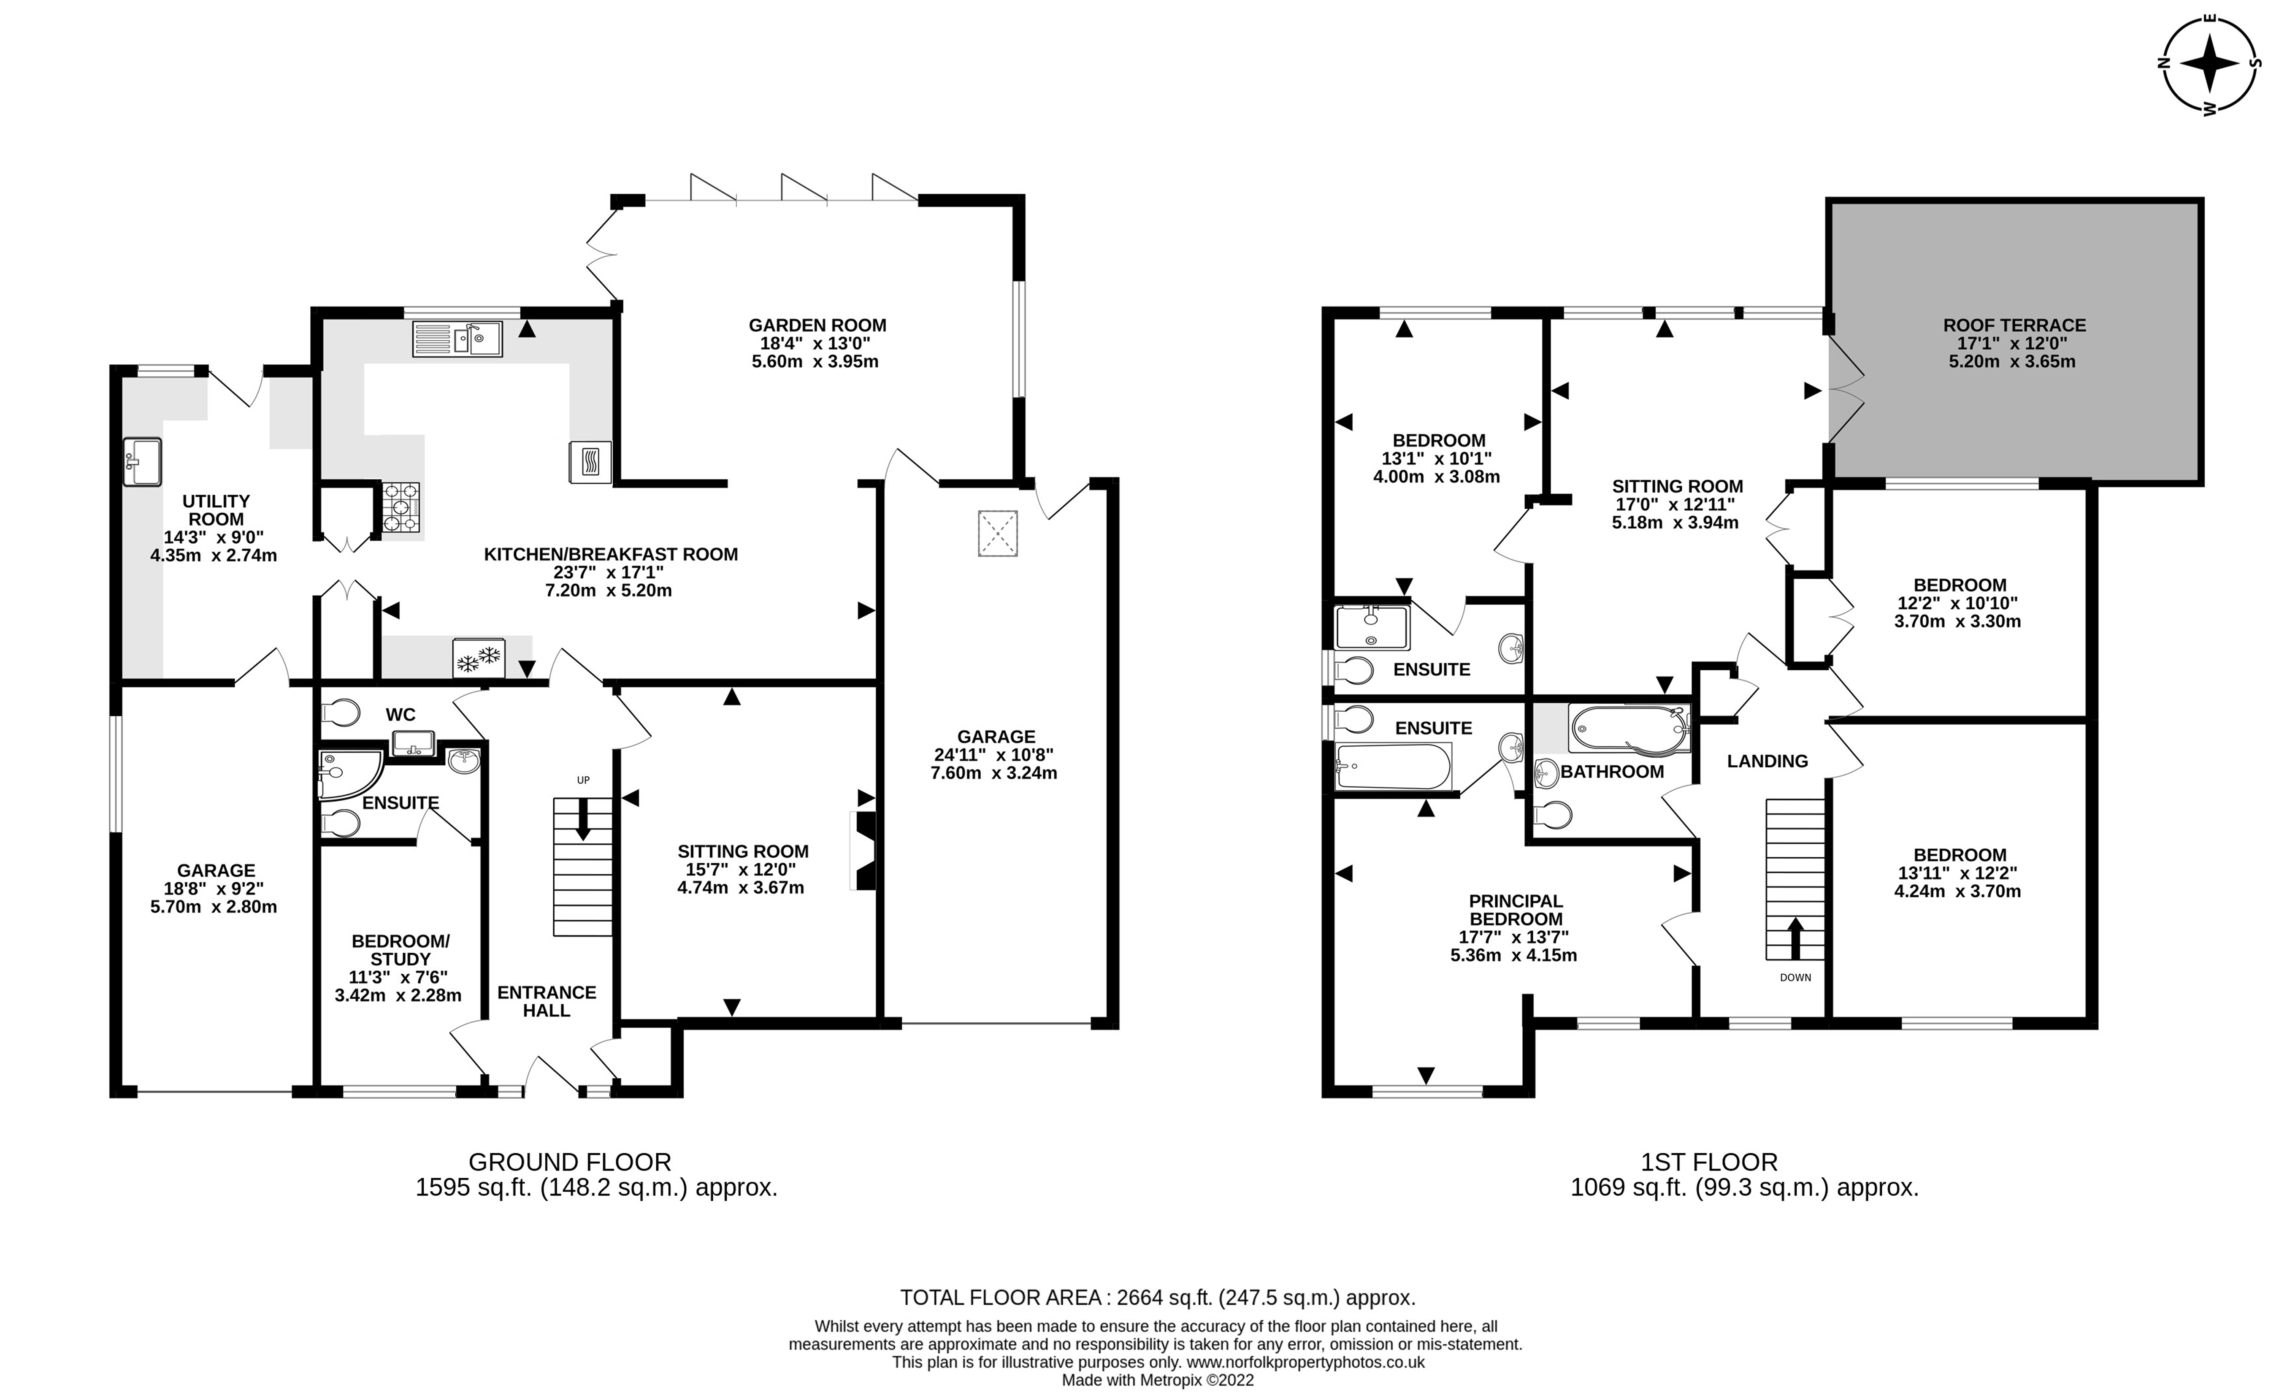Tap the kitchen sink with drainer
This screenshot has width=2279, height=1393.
click(x=457, y=339)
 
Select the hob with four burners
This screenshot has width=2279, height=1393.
click(x=401, y=508)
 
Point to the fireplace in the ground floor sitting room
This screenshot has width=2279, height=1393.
click(x=864, y=851)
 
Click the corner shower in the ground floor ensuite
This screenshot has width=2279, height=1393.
click(x=346, y=773)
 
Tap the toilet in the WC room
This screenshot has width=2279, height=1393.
click(x=340, y=713)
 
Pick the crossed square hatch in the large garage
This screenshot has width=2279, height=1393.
click(x=997, y=534)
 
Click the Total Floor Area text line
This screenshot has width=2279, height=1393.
click(x=1157, y=1298)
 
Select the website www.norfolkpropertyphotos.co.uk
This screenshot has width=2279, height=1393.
click(x=1305, y=1363)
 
